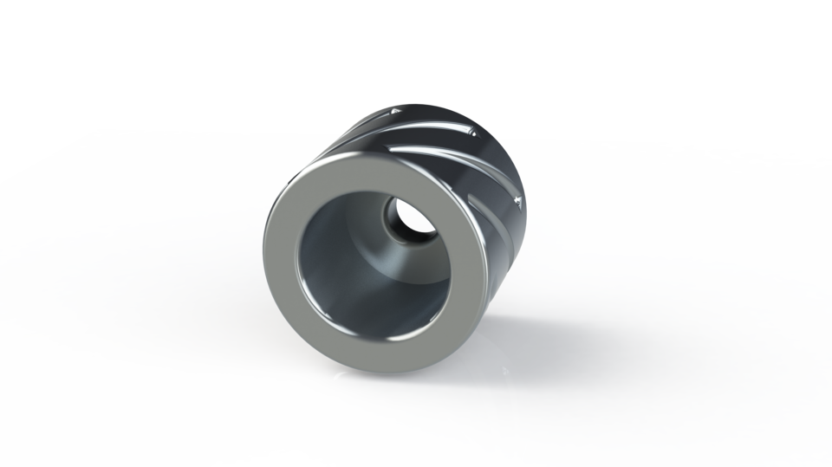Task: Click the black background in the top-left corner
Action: click(x=35, y=35)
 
